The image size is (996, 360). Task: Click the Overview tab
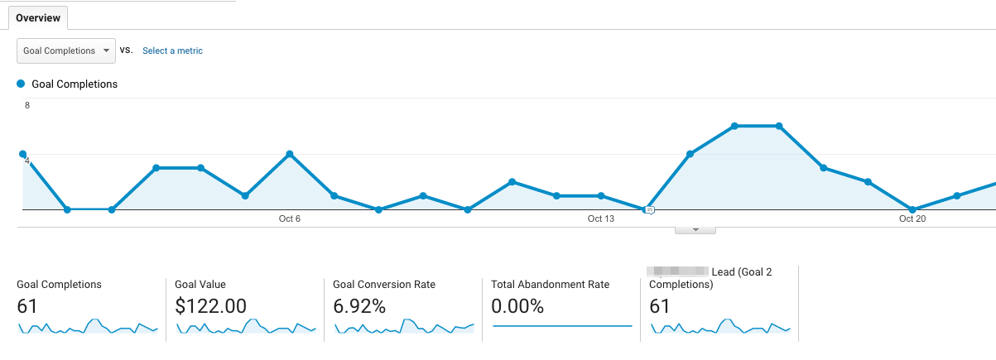(x=37, y=17)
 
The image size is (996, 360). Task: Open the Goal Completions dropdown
(x=66, y=50)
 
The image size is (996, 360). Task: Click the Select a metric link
(x=172, y=50)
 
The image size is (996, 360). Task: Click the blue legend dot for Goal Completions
(x=21, y=84)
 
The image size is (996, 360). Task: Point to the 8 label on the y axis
(x=27, y=106)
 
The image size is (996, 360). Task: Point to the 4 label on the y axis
(x=27, y=161)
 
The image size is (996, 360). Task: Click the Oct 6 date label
(x=290, y=218)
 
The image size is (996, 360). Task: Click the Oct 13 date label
(x=601, y=218)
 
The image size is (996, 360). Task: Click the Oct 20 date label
(x=912, y=218)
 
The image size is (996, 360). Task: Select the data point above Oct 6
(x=290, y=154)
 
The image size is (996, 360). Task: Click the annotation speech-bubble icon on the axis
(x=650, y=210)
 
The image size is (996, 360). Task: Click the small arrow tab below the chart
(x=695, y=229)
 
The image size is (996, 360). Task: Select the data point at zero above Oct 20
(x=912, y=209)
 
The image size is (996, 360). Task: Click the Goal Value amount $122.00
(x=210, y=306)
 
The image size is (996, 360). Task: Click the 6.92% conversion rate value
(x=359, y=306)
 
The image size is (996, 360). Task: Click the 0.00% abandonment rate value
(x=517, y=306)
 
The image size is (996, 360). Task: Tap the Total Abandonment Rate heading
(x=550, y=284)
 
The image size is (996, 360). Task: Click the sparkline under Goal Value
(x=245, y=327)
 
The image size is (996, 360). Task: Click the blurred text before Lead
(x=678, y=271)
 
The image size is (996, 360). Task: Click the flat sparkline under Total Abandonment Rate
(x=562, y=326)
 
